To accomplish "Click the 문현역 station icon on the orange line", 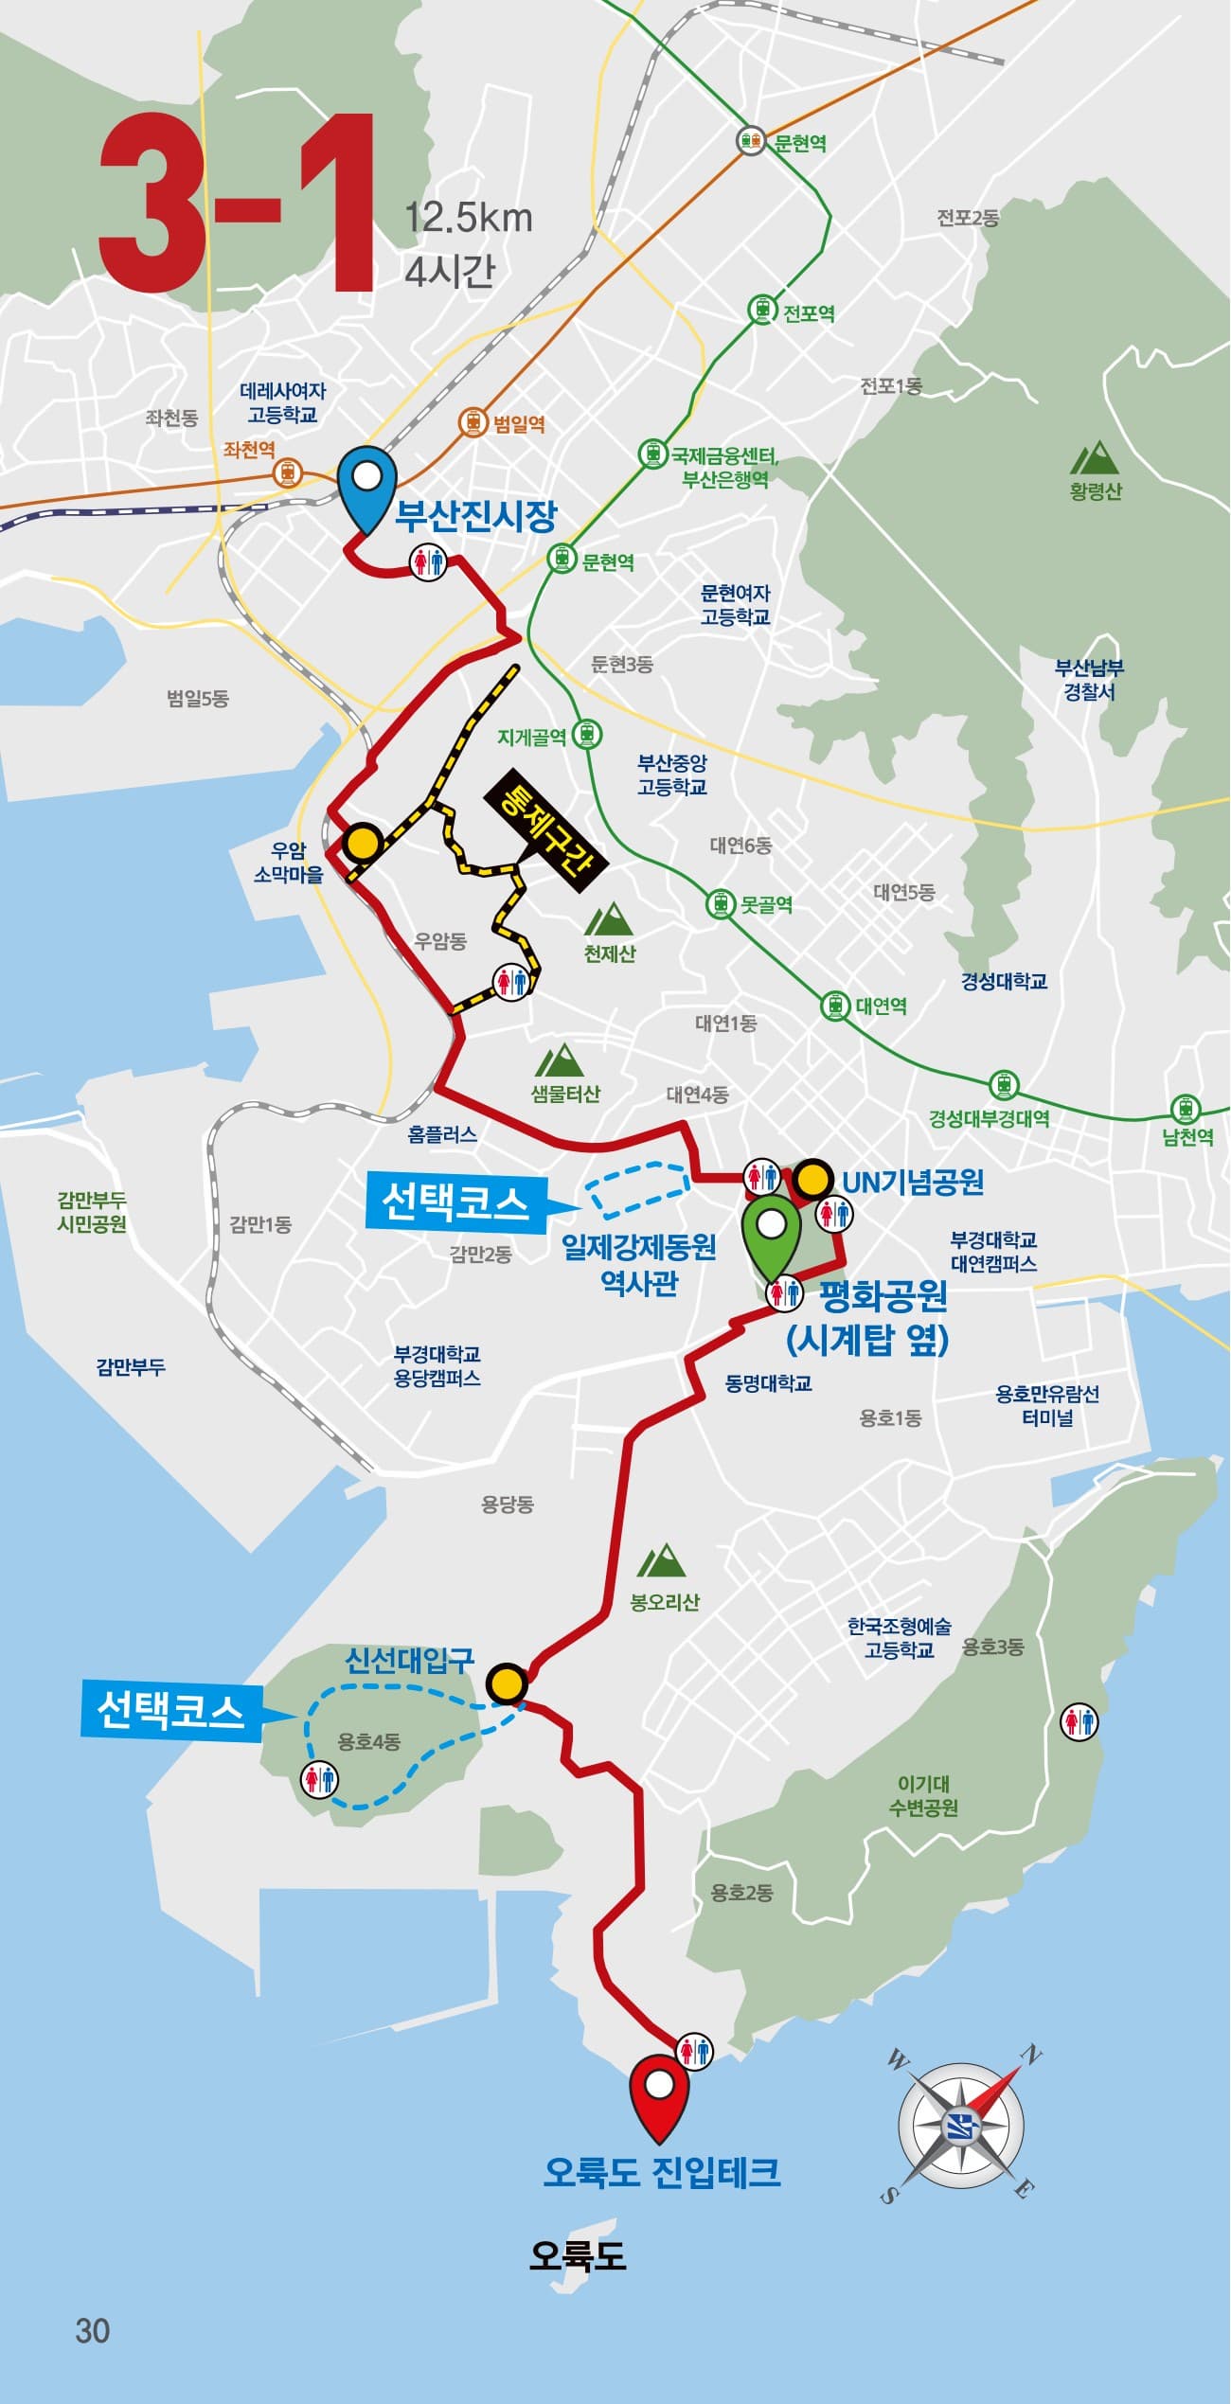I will point(752,141).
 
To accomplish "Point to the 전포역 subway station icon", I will point(762,310).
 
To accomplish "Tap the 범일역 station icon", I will point(473,422).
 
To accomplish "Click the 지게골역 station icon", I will point(587,734).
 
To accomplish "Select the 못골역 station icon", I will point(722,903).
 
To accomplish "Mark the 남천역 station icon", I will point(1185,1109).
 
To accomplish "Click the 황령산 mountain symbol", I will point(1094,457).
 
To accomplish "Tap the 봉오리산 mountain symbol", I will point(662,1560).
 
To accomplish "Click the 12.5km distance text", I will point(469,218).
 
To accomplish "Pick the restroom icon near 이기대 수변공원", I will point(1079,1720).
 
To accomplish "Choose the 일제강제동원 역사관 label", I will point(639,1263).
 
